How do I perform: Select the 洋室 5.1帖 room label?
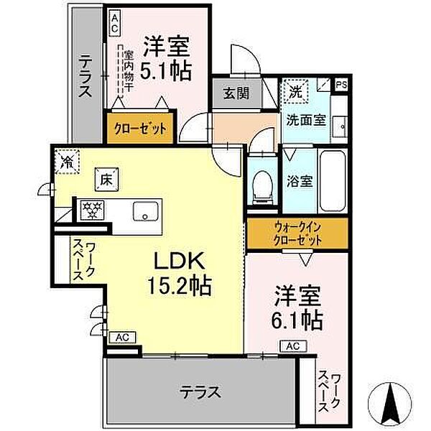click(166, 59)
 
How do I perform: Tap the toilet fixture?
click(263, 187)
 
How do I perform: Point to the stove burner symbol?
click(91, 209)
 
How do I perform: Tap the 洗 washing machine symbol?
click(295, 91)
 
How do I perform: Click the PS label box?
click(341, 84)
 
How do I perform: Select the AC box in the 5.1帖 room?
click(114, 23)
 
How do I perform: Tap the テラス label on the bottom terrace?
click(200, 392)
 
